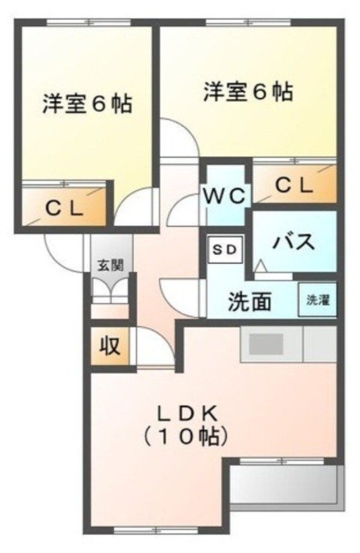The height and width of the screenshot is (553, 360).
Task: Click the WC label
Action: pyautogui.click(x=224, y=195)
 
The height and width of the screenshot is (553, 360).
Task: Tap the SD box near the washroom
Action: pyautogui.click(x=226, y=249)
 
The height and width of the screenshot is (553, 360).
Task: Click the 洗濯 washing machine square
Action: pyautogui.click(x=318, y=300)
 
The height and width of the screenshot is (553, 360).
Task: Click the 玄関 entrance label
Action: pyautogui.click(x=112, y=265)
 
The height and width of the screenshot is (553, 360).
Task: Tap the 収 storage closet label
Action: pyautogui.click(x=109, y=346)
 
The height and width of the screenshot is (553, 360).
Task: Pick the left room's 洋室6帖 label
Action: pyautogui.click(x=87, y=104)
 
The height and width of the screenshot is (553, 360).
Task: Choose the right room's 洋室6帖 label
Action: pyautogui.click(x=248, y=92)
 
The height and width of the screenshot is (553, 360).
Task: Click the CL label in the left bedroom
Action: pyautogui.click(x=65, y=209)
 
